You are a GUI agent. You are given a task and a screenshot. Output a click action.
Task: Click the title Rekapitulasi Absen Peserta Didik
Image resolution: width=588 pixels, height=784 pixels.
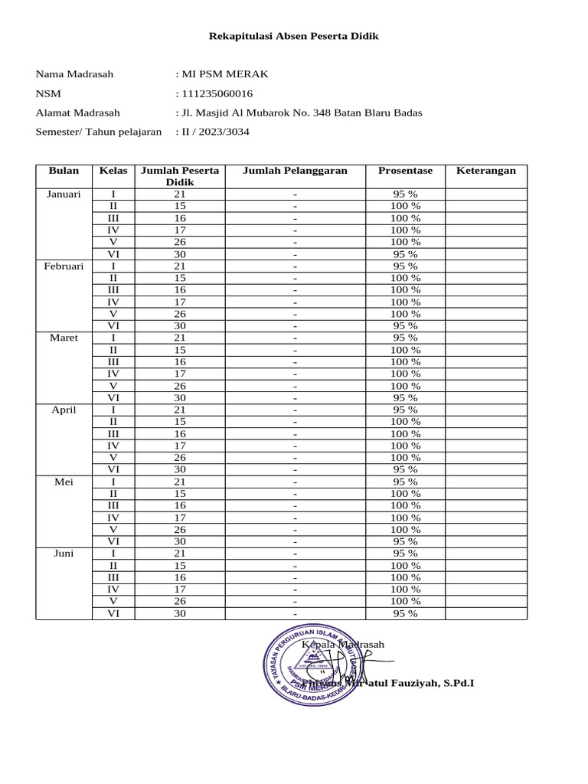295,36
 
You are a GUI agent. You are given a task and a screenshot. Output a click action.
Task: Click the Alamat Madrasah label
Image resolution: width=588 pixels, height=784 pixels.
77,113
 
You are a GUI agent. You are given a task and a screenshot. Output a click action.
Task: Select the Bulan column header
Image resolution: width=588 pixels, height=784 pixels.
64,171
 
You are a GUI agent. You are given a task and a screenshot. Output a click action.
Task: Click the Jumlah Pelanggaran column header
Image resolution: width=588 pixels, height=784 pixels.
295,171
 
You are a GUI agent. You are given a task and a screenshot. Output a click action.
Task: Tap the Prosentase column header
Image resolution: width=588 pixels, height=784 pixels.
405,171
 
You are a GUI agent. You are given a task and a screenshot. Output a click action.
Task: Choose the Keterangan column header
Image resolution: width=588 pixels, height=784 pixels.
486,171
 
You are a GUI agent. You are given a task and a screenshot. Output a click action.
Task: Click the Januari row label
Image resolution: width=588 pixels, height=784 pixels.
64,194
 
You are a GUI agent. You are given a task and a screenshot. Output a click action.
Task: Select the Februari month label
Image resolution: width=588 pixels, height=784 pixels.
64,266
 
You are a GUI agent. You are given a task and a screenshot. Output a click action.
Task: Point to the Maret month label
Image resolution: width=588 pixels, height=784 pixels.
64,338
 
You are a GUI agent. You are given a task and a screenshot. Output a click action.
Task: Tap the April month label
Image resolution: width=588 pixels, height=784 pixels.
64,410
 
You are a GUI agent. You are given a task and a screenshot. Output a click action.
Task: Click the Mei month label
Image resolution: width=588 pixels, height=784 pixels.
64,482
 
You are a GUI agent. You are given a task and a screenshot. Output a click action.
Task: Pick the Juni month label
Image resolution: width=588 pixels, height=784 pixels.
64,554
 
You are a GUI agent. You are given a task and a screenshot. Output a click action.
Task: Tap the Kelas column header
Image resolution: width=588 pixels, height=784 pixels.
113,171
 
